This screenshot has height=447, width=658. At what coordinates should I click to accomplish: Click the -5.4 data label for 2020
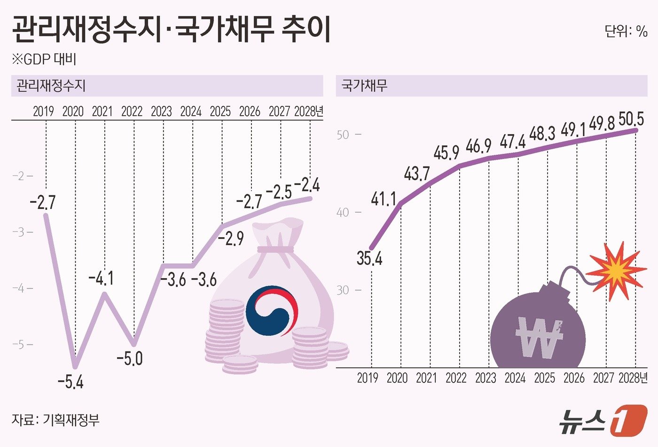(x=70, y=382)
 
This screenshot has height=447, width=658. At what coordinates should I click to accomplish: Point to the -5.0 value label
(x=129, y=359)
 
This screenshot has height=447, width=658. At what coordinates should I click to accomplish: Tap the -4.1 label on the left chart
(x=101, y=279)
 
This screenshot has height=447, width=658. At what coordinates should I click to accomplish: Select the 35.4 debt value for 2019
(x=369, y=258)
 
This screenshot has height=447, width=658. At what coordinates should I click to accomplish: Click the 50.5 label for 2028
(x=631, y=119)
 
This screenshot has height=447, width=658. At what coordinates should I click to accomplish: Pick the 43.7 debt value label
(x=417, y=174)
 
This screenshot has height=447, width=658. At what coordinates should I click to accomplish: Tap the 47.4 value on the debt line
(x=513, y=141)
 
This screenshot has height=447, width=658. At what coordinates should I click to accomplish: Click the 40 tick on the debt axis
(x=343, y=212)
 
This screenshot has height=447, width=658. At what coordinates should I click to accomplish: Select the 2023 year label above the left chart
(x=161, y=112)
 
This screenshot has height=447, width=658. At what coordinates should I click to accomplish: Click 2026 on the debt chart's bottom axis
(x=574, y=378)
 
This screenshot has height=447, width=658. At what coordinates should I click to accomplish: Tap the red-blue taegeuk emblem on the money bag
(x=272, y=311)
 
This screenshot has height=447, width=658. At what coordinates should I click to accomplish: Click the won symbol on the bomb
(x=539, y=337)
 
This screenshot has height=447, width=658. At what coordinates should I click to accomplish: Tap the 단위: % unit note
(x=626, y=32)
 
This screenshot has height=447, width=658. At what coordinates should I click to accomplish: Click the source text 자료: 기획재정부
(x=55, y=420)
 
